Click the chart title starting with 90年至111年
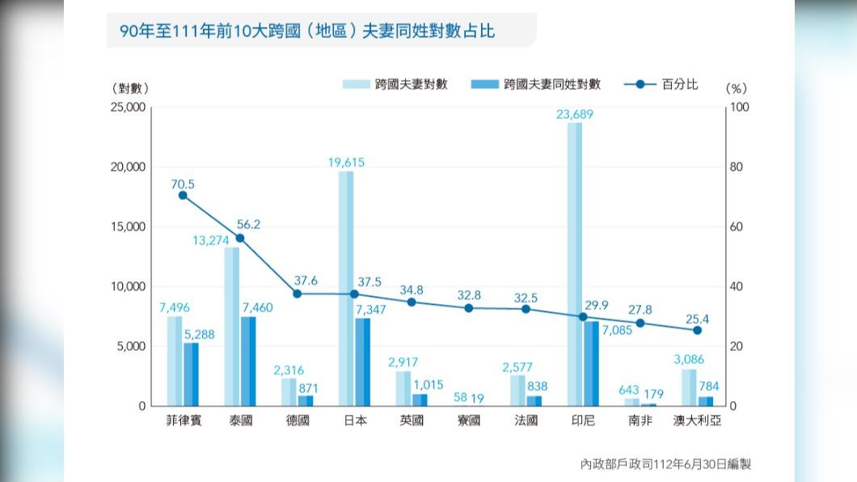pos(306,32)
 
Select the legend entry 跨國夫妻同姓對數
pos(538,84)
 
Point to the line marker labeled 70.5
pos(183,195)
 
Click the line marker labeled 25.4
pos(697,330)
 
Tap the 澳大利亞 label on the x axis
pos(697,421)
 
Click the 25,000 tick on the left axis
pos(128,107)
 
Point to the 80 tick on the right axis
pos(735,167)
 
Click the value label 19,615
pos(346,163)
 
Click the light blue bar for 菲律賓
pos(175,361)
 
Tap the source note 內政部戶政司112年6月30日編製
pos(665,464)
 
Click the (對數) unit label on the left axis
pos(131,88)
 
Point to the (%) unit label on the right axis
pos(737,88)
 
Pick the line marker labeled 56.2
pos(240,239)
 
